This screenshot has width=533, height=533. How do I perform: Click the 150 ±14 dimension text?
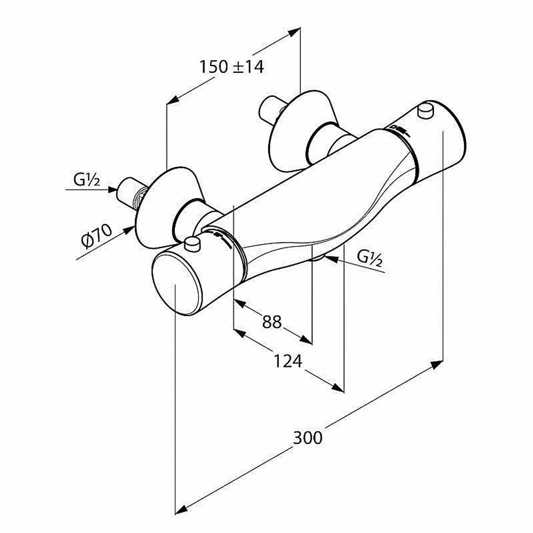(231, 67)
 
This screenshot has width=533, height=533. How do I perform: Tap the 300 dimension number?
(308, 438)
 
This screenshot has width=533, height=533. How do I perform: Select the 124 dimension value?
(288, 361)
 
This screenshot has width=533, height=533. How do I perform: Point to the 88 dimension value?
(272, 321)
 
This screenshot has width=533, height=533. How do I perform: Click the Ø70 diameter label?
(96, 235)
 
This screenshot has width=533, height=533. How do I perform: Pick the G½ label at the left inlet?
(87, 180)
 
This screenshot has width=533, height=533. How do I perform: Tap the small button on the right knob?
(426, 111)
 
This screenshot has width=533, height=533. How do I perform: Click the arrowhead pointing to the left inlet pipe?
(112, 189)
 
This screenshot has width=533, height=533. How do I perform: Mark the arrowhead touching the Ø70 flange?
(128, 230)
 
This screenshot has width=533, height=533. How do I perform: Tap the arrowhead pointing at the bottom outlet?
(332, 259)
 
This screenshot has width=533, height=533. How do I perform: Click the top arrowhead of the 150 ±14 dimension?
(294, 33)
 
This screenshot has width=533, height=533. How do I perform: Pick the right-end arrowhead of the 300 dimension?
(437, 365)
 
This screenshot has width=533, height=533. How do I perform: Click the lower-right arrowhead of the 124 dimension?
(337, 387)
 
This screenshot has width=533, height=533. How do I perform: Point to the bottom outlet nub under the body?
(318, 259)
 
